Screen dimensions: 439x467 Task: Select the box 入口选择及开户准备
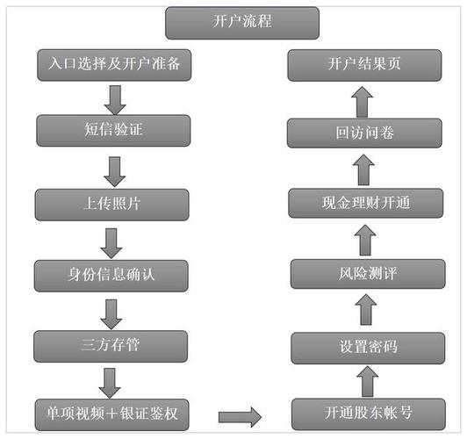coord(111,64)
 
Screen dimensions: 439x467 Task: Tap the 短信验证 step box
coord(111,132)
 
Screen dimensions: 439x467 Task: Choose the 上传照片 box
coord(111,204)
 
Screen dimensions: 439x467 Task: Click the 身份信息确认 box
coord(111,275)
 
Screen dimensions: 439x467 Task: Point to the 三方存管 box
coord(111,345)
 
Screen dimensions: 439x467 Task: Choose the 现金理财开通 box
coord(363,204)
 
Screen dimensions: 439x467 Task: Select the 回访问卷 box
coord(363,133)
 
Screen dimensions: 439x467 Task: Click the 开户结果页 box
coord(363,64)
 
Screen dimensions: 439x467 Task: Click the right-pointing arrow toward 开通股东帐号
coord(239,414)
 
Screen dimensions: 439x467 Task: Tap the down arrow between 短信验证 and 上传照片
coord(111,169)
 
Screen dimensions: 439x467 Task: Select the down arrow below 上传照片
coord(111,240)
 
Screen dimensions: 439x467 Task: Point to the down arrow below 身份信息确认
coord(111,311)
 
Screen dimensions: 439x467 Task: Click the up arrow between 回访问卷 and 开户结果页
coord(363,99)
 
